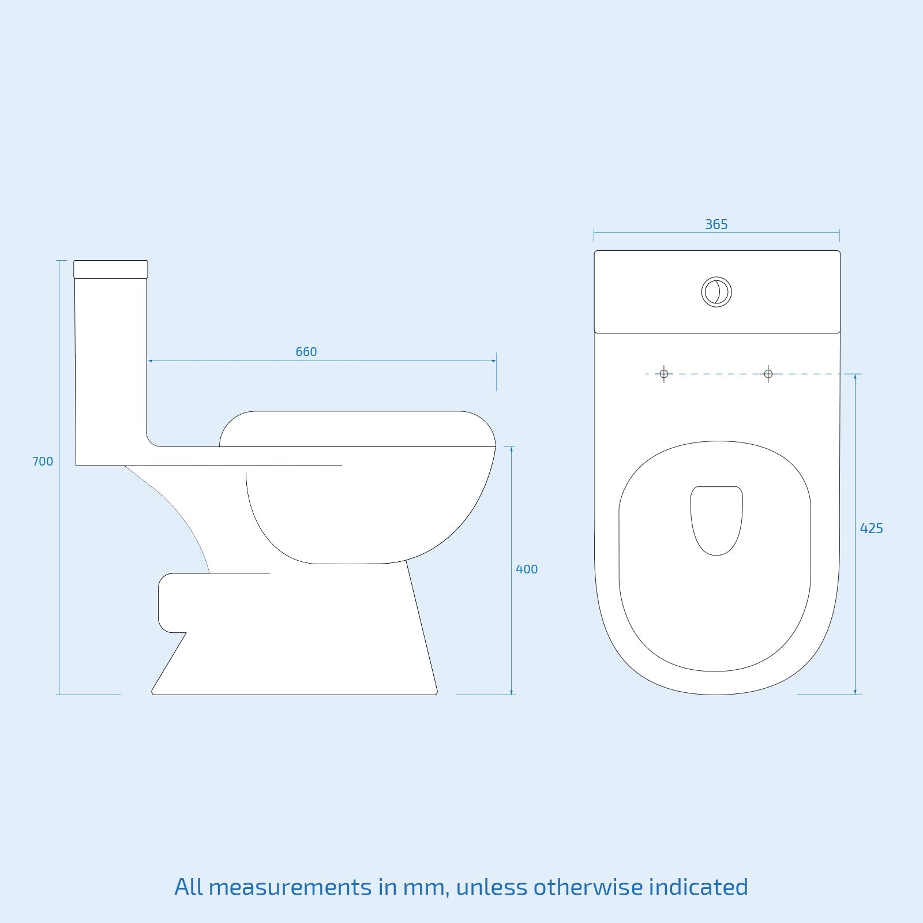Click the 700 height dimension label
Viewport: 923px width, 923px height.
42,461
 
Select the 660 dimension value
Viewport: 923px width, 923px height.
306,352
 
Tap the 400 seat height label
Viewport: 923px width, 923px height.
527,569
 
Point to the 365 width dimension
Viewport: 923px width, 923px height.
716,224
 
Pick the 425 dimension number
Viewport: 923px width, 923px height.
871,528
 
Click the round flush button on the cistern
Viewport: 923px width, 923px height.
716,292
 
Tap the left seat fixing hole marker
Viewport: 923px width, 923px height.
664,374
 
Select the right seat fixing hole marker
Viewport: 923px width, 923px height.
768,374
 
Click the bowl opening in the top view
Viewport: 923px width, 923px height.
716,519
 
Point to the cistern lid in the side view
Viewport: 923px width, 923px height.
111,269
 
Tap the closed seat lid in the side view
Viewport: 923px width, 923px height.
358,429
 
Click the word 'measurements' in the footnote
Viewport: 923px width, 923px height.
290,887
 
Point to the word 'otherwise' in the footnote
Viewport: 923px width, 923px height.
588,887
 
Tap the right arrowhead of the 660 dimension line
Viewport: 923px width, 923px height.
494,361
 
